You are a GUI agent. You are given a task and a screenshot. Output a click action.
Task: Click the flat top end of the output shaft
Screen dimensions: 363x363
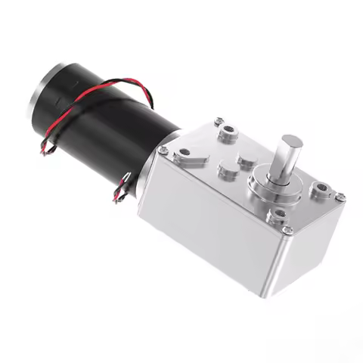click(x=291, y=141)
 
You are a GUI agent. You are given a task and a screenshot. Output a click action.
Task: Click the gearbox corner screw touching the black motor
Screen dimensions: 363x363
click(x=219, y=121)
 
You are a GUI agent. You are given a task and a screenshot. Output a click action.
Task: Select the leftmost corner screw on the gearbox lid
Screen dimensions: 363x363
click(x=163, y=150)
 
